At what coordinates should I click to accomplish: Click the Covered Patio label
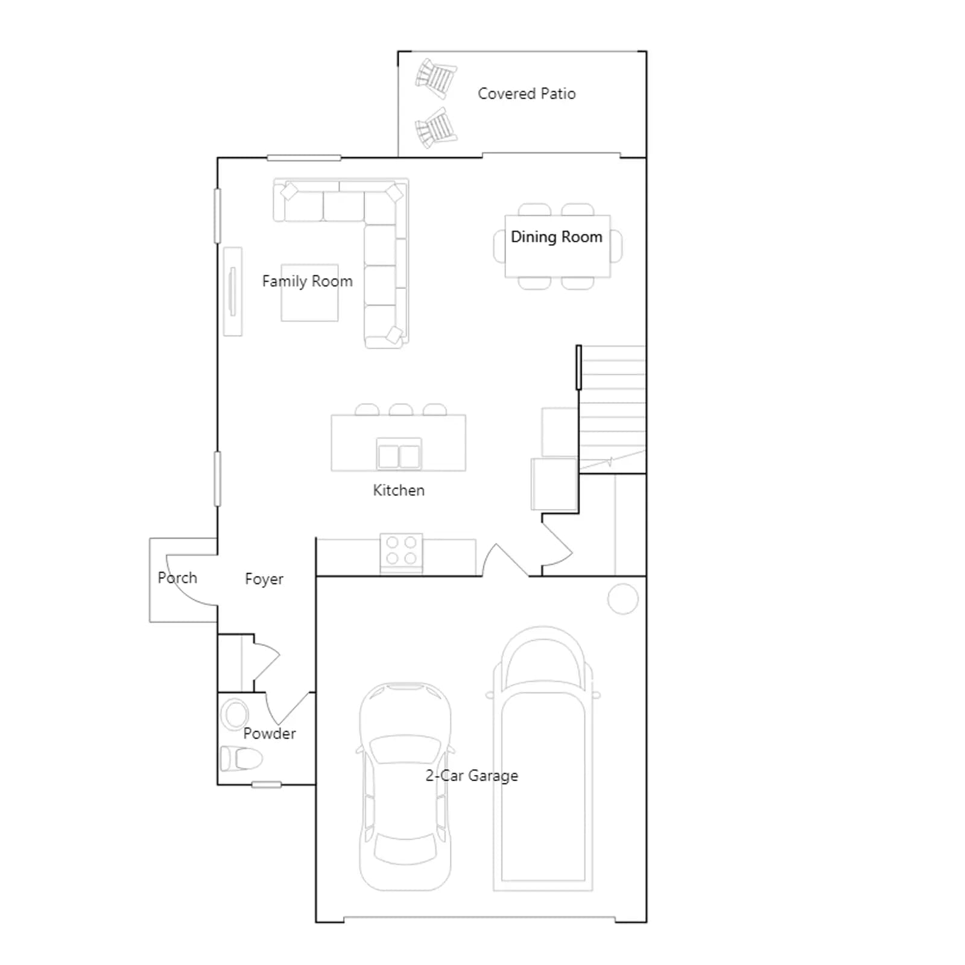[527, 93]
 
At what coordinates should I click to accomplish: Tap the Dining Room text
[556, 237]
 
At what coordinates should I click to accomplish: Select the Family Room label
[307, 281]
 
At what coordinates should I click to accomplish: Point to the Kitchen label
[399, 490]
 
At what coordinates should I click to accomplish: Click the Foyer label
[264, 579]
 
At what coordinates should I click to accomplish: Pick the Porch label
[177, 578]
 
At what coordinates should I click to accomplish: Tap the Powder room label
[270, 733]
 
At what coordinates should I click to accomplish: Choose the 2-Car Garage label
[472, 776]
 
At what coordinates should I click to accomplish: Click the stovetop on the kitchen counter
[401, 553]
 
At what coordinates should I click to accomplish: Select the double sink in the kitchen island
[399, 454]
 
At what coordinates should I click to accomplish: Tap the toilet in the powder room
[241, 759]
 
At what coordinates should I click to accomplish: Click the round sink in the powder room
[235, 715]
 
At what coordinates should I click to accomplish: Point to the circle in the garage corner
[623, 599]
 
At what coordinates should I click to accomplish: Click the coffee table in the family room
[309, 293]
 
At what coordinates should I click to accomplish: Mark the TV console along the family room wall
[233, 291]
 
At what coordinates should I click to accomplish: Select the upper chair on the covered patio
[435, 77]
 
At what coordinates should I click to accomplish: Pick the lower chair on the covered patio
[435, 128]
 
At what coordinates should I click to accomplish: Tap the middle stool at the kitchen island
[401, 410]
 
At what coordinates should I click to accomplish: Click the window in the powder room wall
[266, 785]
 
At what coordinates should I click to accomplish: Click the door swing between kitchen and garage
[505, 560]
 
